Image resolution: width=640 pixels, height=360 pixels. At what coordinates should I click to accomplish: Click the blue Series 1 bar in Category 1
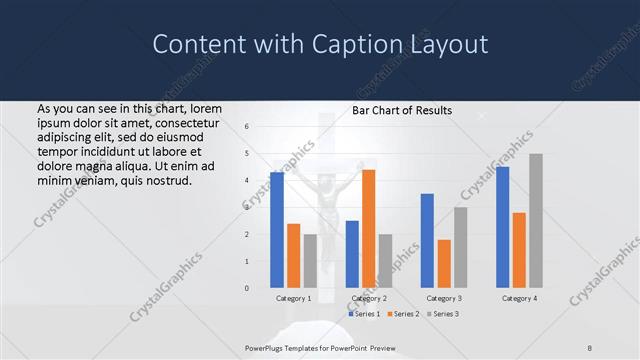click(x=277, y=230)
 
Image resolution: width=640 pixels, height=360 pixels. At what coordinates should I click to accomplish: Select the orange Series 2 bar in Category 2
click(x=368, y=229)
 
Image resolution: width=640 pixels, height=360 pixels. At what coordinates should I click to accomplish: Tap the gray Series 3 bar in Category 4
click(x=536, y=221)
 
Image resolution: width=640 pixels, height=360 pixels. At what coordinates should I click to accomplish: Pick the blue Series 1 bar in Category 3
click(x=427, y=241)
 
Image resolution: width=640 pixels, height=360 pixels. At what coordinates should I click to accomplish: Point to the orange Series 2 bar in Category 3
click(x=444, y=264)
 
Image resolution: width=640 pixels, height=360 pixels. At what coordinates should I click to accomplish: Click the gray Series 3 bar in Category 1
click(x=310, y=261)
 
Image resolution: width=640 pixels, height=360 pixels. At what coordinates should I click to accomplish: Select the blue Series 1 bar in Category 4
click(x=502, y=227)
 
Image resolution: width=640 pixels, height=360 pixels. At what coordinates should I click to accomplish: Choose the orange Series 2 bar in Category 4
click(x=519, y=250)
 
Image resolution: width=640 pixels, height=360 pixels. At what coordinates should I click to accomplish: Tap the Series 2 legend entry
click(x=401, y=314)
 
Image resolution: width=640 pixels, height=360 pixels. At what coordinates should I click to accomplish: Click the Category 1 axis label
click(x=294, y=298)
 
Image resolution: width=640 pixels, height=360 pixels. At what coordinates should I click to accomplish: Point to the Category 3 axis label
click(x=444, y=298)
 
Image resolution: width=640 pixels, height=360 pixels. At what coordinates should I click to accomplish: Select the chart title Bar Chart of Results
click(x=401, y=110)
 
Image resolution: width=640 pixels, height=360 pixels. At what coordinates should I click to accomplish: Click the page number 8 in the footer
click(x=590, y=347)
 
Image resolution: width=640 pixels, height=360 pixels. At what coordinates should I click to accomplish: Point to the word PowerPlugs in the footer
click(x=267, y=347)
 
